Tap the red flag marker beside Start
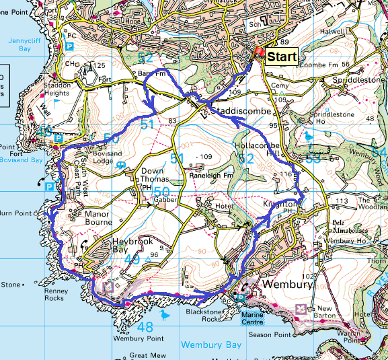click(258, 54)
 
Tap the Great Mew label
click(149, 355)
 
